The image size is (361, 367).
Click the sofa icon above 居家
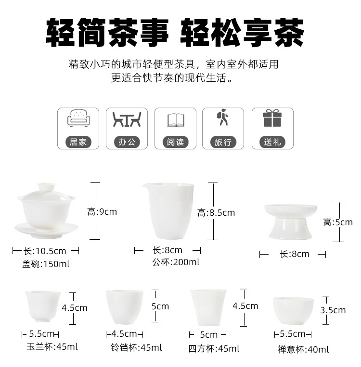78,118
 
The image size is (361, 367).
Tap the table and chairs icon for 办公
127,119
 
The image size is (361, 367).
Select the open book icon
176,120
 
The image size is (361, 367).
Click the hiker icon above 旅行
222,117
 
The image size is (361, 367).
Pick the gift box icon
272,118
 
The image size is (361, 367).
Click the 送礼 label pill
272,142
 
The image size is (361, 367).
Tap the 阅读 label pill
176,142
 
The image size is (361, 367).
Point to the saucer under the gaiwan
46,230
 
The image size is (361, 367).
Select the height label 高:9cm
102,212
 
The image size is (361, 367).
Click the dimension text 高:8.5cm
216,213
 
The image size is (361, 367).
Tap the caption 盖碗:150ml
46,264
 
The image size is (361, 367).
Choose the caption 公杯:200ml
176,262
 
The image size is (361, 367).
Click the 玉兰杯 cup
43,306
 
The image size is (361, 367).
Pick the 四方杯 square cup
208,307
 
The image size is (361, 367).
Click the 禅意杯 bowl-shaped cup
293,311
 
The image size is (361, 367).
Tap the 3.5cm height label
333,310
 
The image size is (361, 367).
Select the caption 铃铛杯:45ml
136,348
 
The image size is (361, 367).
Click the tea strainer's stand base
290,229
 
